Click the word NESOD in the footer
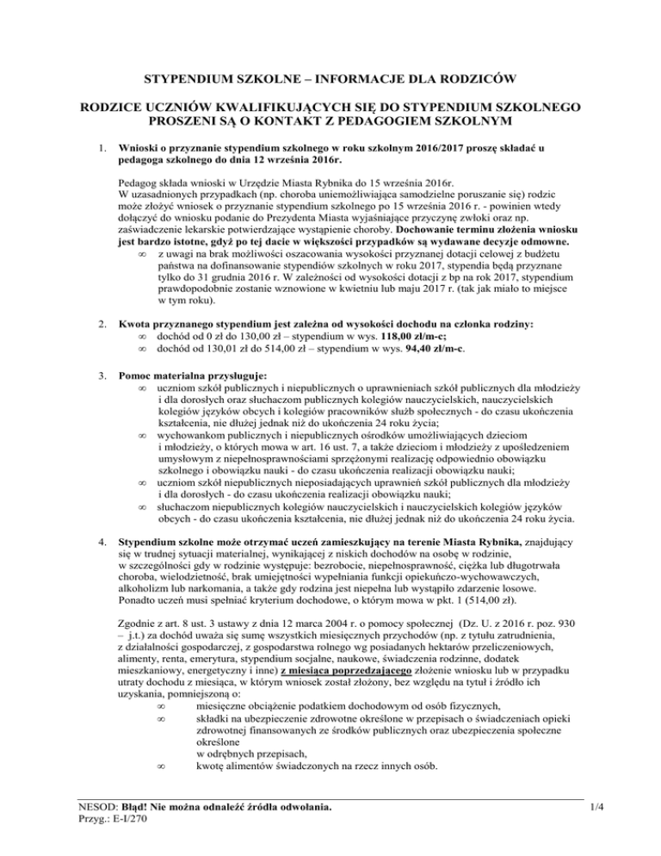click(x=94, y=808)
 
